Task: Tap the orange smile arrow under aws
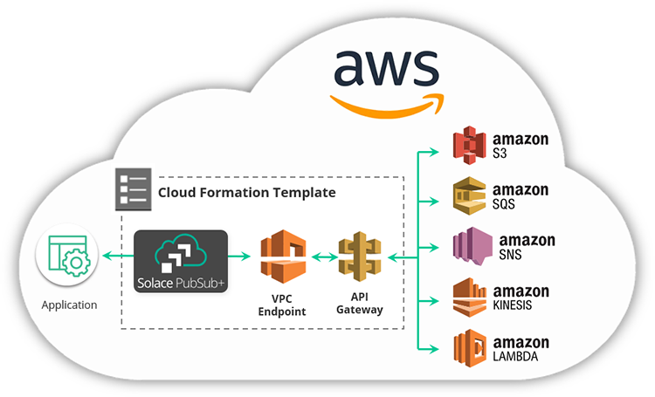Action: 384,103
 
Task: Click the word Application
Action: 69,305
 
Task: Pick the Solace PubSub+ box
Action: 181,261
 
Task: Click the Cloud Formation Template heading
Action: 246,191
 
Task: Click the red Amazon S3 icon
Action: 470,145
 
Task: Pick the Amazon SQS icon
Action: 470,195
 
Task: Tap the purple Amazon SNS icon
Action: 470,245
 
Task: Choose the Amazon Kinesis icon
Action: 470,297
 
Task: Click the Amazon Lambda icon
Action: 470,346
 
